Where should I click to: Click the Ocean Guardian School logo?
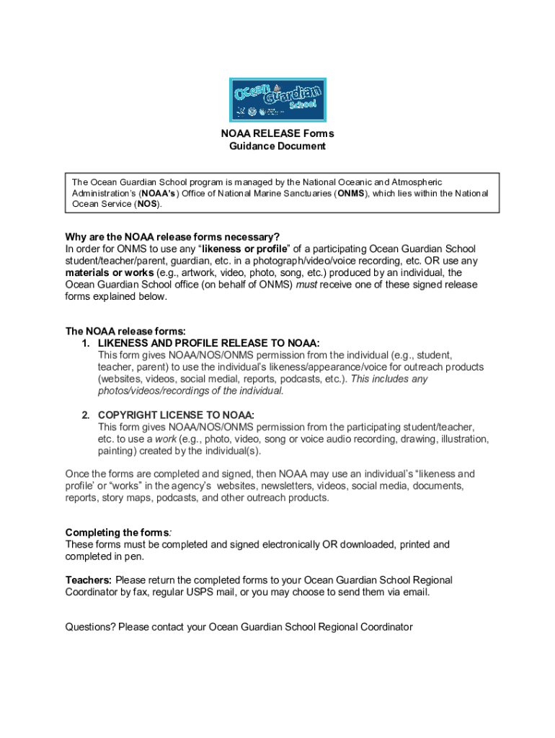[x=277, y=100]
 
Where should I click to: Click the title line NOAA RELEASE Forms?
[x=277, y=134]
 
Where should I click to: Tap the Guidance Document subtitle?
[x=277, y=146]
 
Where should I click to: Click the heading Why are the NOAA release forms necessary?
[x=172, y=237]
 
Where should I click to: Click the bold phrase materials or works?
[x=109, y=273]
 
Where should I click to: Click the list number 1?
[x=86, y=343]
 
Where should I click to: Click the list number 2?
[x=86, y=415]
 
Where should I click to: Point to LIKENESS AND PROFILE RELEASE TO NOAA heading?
[x=209, y=343]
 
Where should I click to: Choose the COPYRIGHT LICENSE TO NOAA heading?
[x=176, y=415]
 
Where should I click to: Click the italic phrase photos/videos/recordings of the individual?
[x=191, y=391]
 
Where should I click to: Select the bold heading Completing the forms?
[x=117, y=533]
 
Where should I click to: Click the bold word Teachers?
[x=89, y=580]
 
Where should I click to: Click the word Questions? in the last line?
[x=91, y=627]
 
